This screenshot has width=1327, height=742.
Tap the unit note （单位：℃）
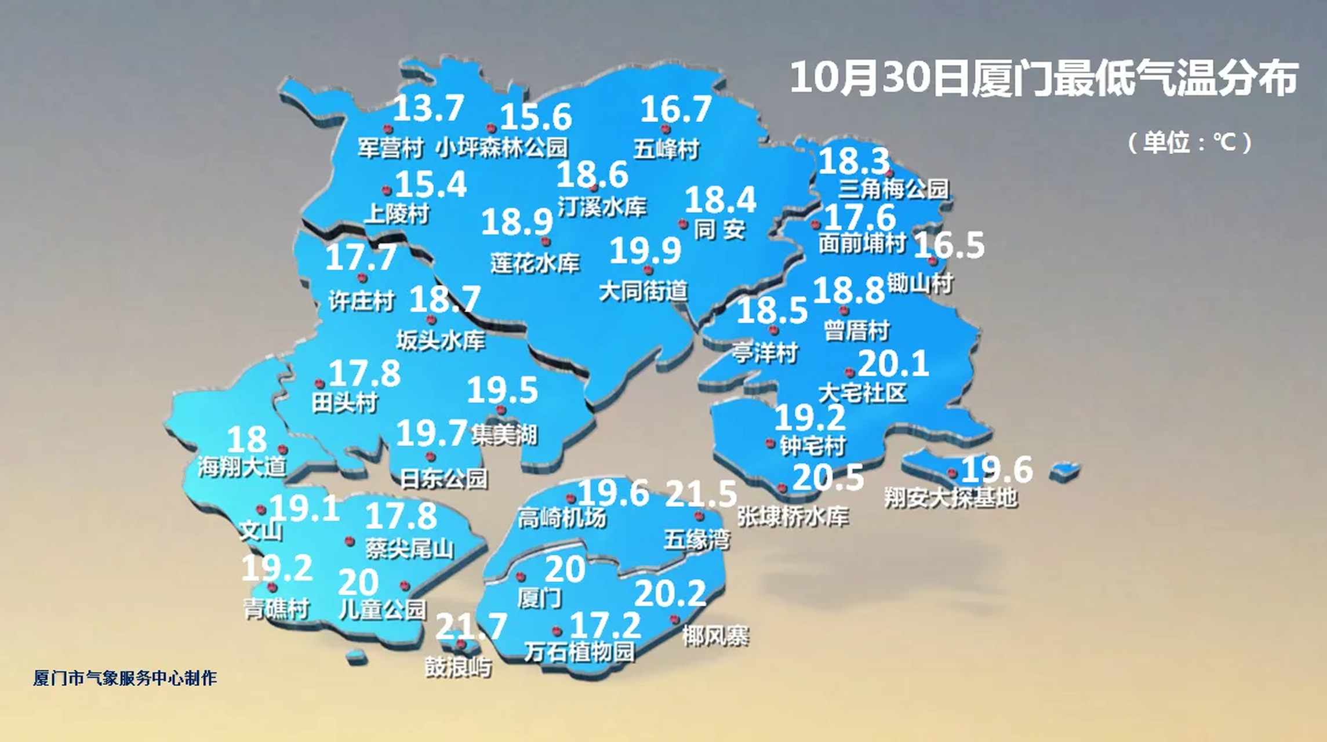click(1190, 143)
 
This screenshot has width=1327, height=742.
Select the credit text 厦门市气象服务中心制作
click(125, 678)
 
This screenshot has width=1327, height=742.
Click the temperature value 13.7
click(428, 108)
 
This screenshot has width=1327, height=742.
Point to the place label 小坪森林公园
click(501, 147)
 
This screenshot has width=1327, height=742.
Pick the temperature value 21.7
click(471, 626)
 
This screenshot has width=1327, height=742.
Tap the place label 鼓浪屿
click(459, 667)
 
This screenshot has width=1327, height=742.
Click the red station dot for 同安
click(683, 224)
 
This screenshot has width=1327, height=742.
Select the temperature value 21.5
click(700, 494)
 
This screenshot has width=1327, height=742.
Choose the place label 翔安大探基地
click(951, 498)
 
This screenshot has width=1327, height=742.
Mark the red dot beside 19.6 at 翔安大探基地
click(952, 473)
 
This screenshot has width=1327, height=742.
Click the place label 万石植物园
click(580, 652)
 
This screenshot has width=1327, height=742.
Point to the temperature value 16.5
click(948, 245)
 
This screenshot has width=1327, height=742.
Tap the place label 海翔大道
click(242, 466)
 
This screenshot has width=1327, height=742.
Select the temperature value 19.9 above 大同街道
click(645, 251)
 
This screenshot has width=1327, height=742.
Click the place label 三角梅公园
click(894, 188)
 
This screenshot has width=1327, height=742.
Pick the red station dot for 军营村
click(388, 129)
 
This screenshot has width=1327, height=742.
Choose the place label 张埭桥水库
click(793, 517)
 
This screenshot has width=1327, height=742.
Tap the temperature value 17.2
click(605, 625)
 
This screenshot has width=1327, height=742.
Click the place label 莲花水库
click(535, 264)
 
